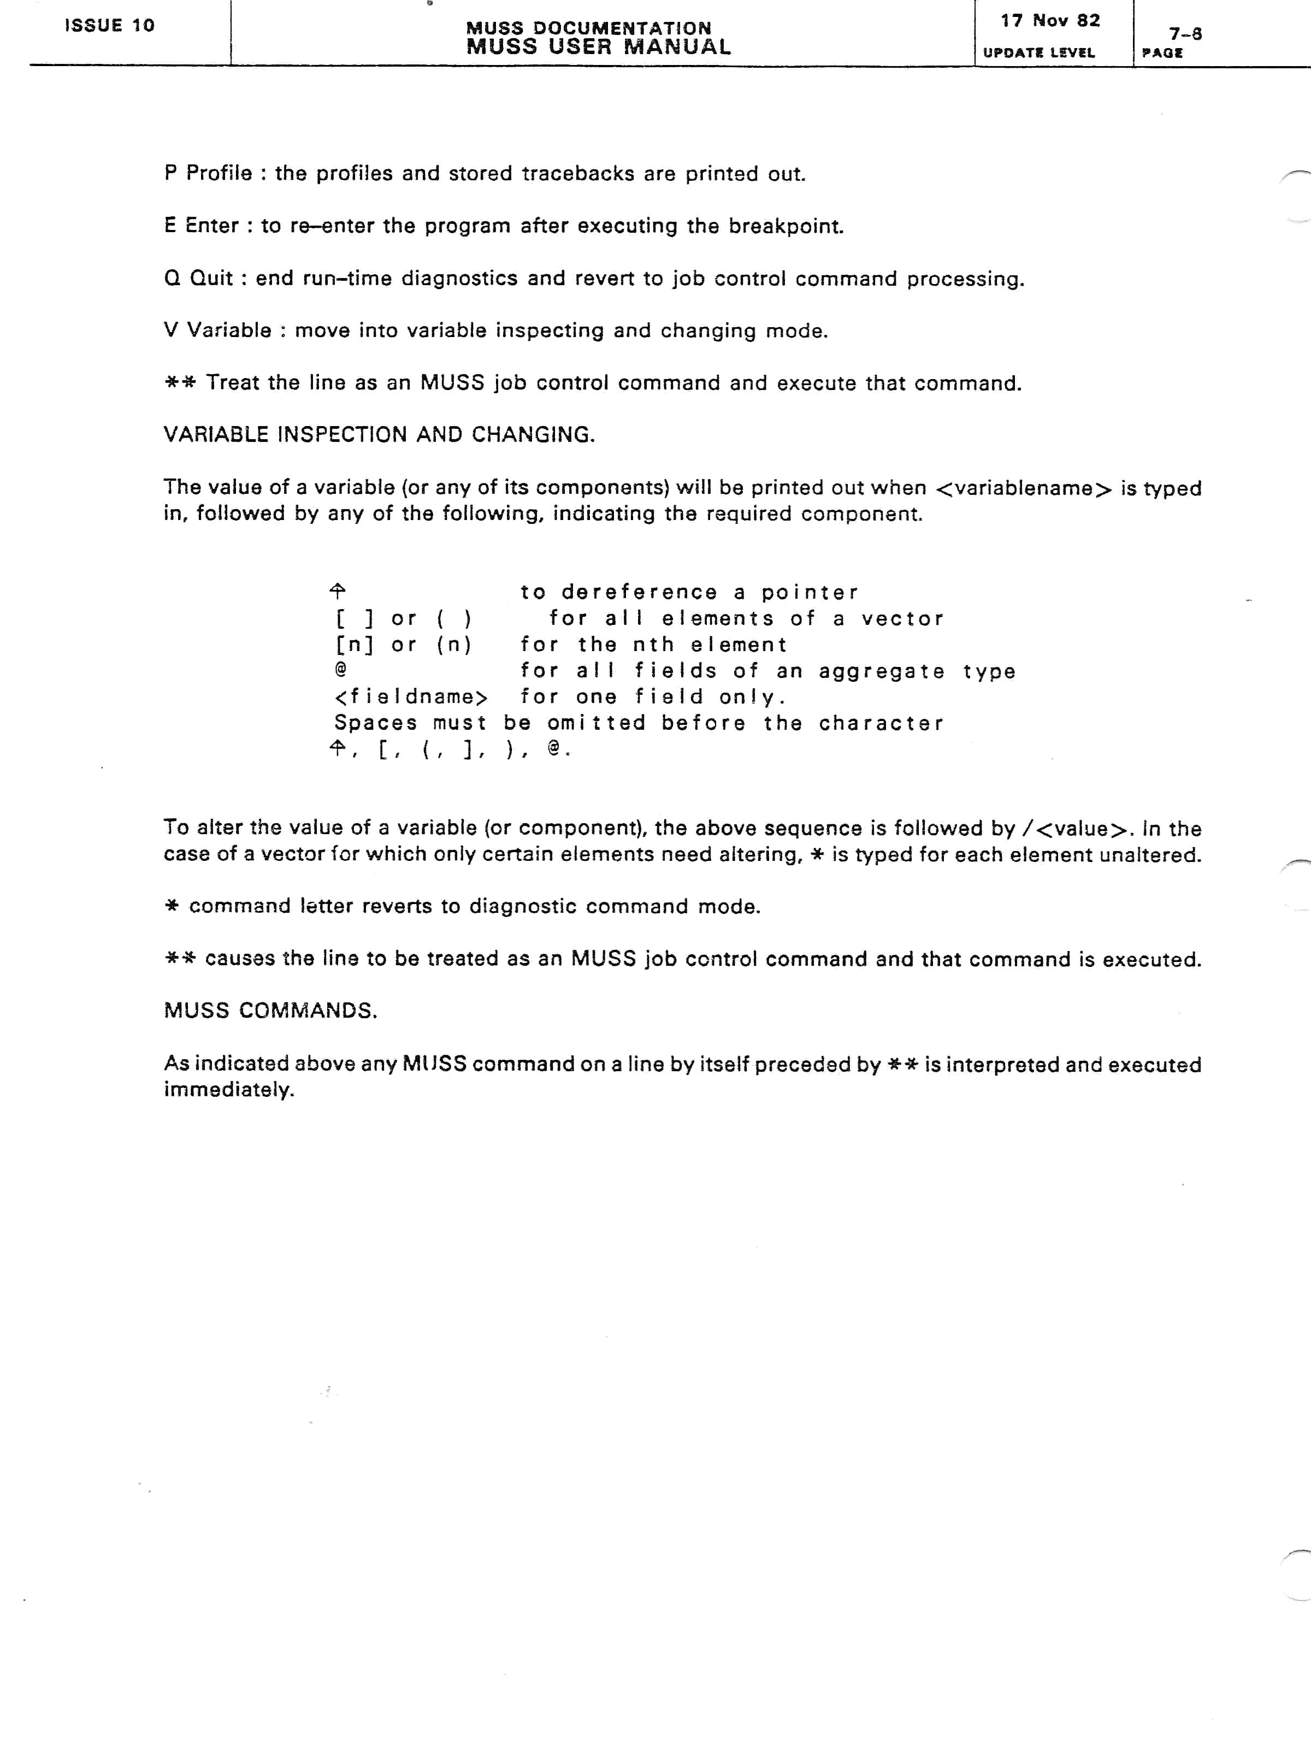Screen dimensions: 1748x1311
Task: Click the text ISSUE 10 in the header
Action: tap(109, 25)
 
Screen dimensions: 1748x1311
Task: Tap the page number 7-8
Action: tap(1185, 34)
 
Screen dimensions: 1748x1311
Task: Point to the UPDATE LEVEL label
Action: tap(1038, 53)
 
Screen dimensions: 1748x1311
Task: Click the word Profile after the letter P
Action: tap(219, 173)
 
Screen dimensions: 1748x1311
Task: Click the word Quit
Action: tap(211, 278)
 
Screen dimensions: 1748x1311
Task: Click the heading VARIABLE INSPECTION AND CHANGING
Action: tap(379, 435)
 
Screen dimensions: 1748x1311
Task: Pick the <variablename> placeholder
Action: tap(1023, 488)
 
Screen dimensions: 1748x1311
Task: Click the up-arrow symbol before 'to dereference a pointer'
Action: tap(338, 591)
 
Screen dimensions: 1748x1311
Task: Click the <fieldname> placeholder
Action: tap(411, 697)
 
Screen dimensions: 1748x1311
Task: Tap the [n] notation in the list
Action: tap(354, 645)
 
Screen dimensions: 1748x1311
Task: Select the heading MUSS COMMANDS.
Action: tap(270, 1011)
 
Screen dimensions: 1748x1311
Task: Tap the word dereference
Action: tap(639, 592)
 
